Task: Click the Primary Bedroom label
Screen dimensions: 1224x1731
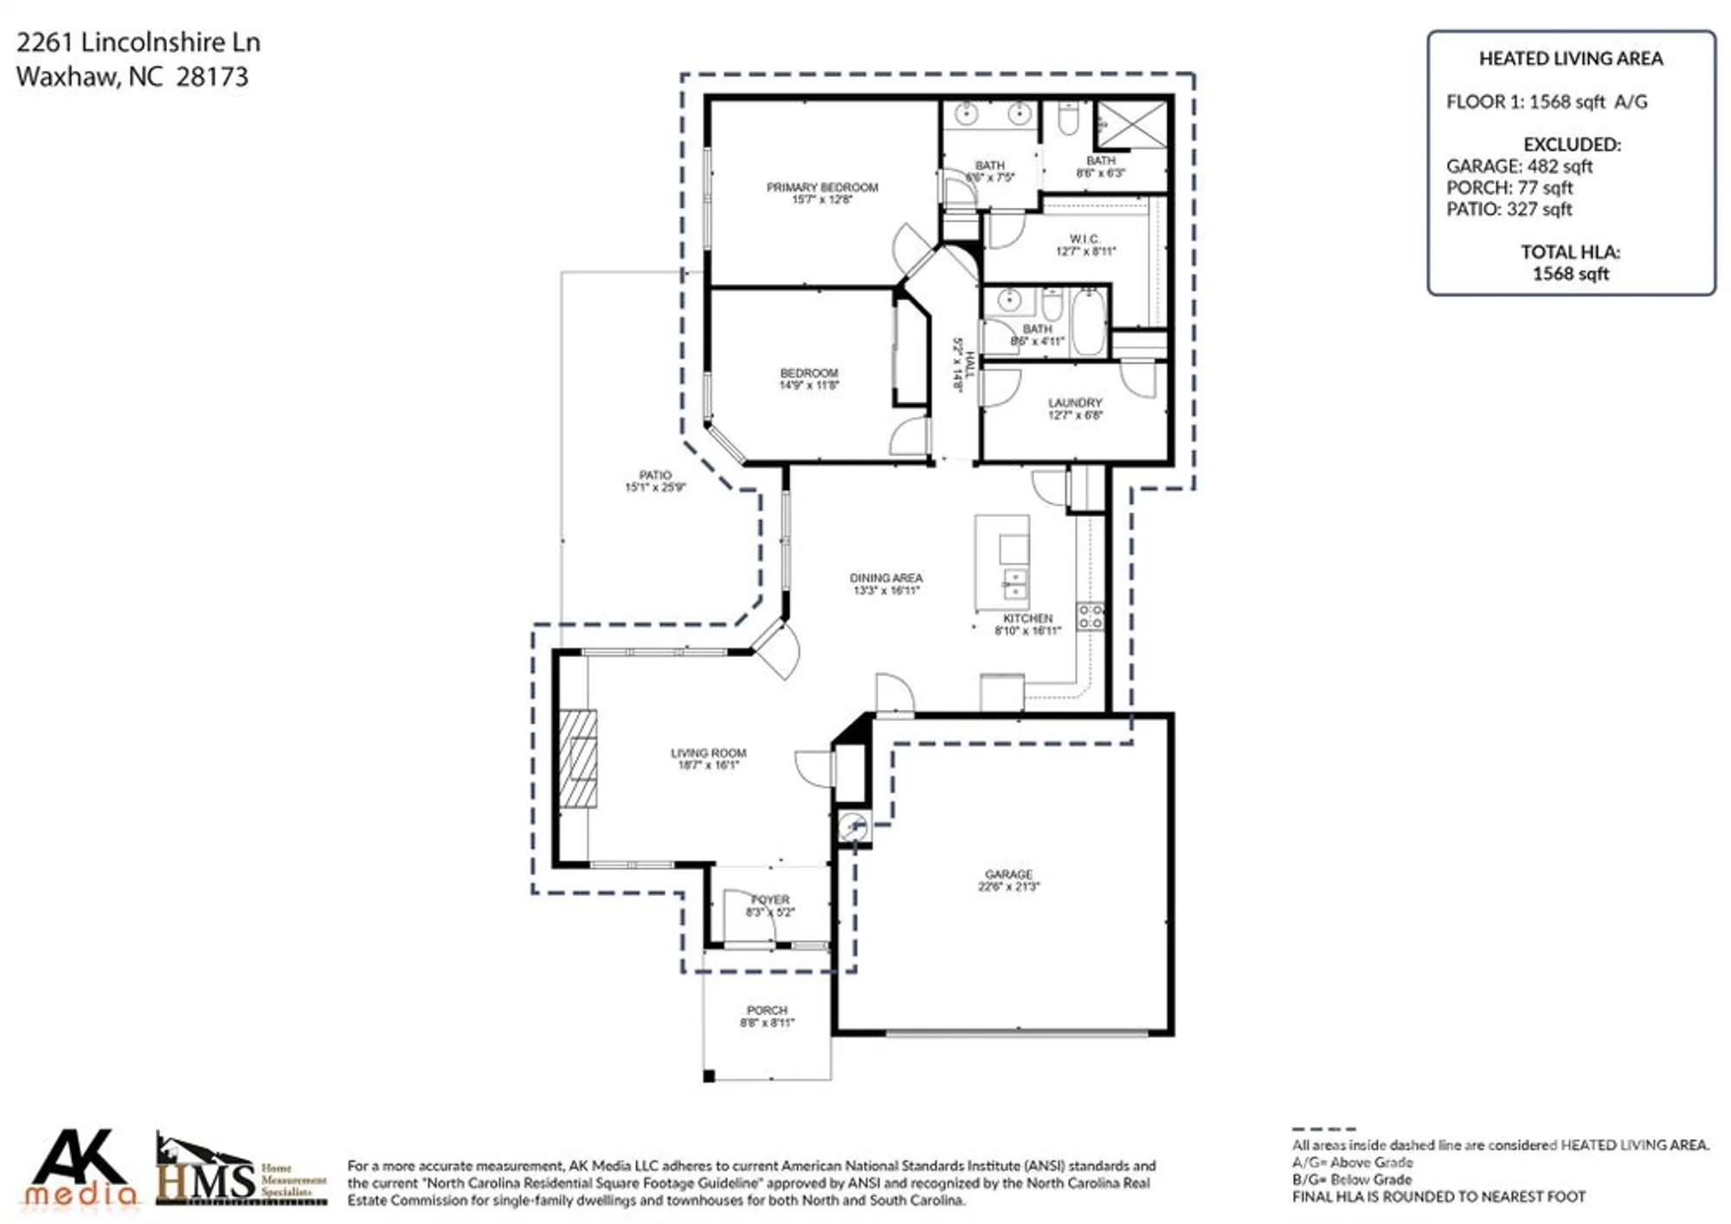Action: click(821, 187)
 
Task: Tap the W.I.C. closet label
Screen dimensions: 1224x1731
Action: click(1084, 239)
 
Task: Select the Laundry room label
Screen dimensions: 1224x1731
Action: click(1074, 403)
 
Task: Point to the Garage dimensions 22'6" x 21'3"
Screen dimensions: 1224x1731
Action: click(1008, 886)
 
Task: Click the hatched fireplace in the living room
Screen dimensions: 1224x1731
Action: click(577, 759)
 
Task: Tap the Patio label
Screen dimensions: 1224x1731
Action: click(654, 475)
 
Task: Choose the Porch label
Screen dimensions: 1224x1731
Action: click(767, 1010)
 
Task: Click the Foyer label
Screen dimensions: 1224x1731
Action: click(769, 900)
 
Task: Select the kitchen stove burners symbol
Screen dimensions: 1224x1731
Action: click(1090, 616)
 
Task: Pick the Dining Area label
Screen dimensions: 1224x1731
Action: click(885, 577)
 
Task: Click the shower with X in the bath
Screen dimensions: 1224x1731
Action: click(1132, 125)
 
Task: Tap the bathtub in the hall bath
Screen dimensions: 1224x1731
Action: click(1088, 322)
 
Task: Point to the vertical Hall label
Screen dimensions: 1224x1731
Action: click(969, 364)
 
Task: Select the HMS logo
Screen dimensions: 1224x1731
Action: click(240, 1171)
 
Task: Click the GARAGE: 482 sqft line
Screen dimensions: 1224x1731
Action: click(1519, 166)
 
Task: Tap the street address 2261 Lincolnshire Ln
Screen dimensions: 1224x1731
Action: click(138, 42)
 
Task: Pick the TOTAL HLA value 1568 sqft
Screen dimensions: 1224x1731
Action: click(1570, 274)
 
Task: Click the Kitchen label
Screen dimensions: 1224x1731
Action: click(1027, 618)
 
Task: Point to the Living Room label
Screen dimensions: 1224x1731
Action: click(708, 753)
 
